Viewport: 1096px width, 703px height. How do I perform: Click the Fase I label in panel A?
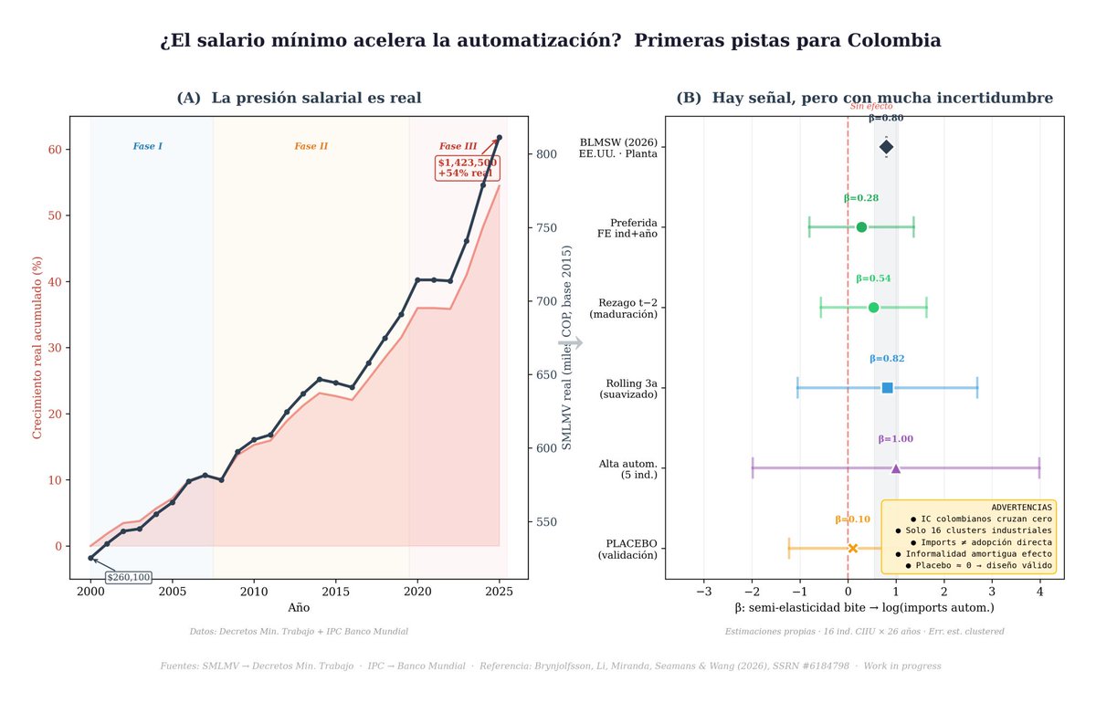147,146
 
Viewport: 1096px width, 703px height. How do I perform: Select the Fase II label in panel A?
311,146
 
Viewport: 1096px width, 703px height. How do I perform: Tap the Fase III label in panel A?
458,146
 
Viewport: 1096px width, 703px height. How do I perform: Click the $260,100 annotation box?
129,577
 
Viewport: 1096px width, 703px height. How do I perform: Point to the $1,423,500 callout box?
467,168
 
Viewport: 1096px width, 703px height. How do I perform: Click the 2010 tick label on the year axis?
254,593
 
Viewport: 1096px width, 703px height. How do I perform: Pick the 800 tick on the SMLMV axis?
546,154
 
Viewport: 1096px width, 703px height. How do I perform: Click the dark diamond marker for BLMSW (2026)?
886,147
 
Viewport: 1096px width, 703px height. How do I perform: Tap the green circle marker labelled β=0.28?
861,227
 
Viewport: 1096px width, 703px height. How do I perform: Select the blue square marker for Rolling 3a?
887,388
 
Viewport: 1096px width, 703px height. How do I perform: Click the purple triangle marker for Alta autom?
896,468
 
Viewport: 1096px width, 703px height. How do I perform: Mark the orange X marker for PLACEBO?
853,549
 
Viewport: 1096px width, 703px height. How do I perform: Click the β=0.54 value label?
873,278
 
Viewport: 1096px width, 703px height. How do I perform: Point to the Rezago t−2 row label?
627,308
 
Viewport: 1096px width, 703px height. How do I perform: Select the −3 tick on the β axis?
704,593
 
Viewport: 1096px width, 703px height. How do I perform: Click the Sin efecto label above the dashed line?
871,107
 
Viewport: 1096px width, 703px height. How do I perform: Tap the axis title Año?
299,607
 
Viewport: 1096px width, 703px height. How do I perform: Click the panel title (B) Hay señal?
864,98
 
